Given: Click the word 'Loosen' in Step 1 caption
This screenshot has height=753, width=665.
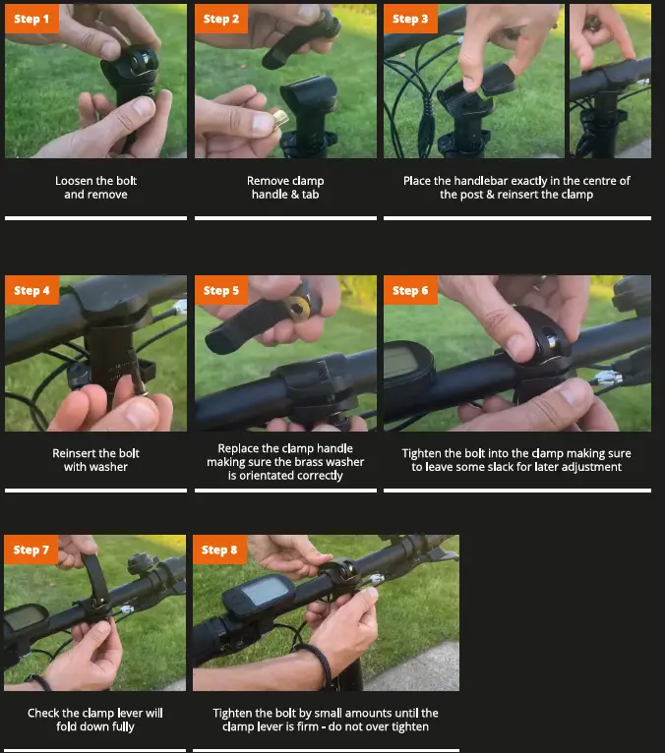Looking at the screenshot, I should (75, 181).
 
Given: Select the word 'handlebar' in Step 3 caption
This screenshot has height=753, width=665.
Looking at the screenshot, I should (482, 181).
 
